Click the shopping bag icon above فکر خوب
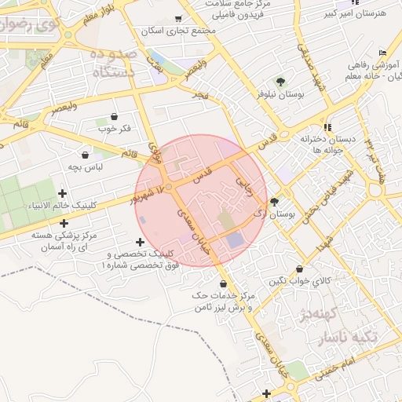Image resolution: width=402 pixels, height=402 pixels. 115,116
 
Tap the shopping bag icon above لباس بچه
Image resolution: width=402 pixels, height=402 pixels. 84,155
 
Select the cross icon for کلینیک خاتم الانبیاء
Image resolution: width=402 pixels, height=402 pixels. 62,193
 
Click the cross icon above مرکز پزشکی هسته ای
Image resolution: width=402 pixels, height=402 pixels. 64,223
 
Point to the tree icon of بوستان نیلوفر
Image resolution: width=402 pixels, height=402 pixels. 280,82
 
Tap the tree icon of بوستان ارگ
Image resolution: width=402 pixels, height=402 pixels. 273,202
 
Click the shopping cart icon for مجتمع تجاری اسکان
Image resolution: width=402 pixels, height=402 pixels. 179,19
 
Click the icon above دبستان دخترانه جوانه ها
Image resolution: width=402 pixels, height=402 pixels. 327,126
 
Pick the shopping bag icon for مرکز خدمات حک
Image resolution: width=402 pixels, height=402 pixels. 224,283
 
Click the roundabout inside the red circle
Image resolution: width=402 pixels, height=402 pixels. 168,187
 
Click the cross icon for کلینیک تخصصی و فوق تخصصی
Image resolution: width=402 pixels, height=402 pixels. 140,242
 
